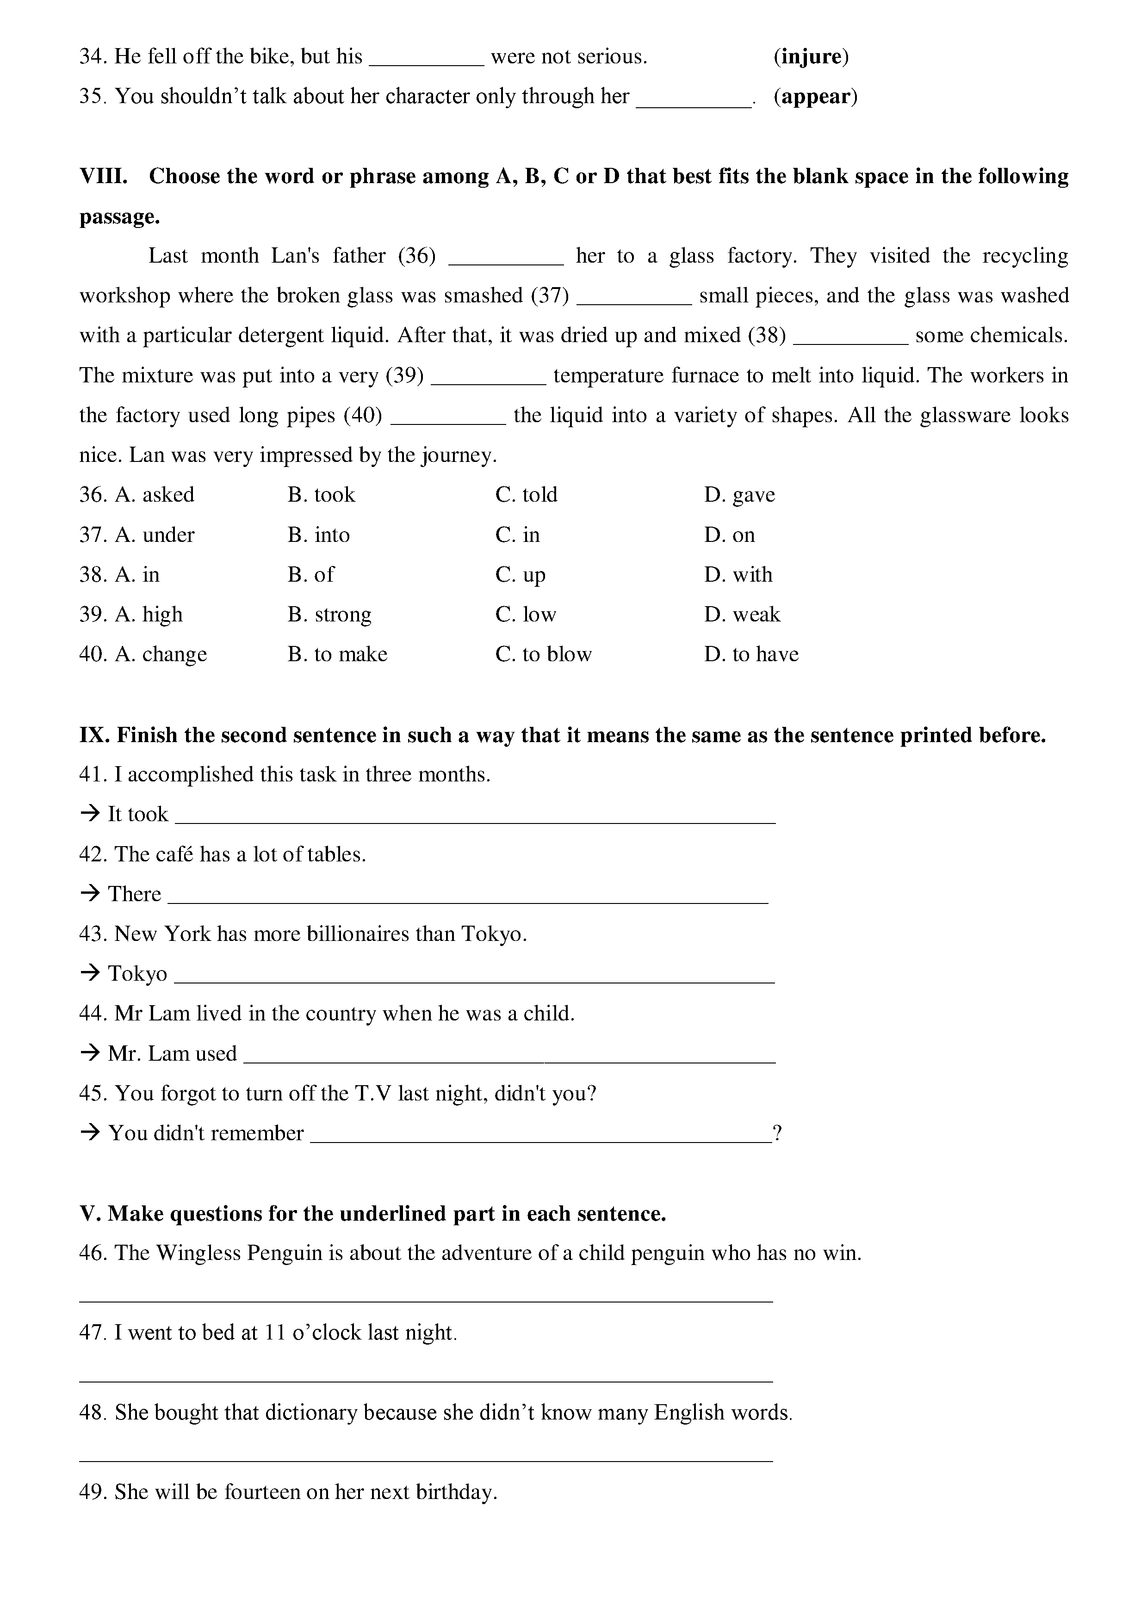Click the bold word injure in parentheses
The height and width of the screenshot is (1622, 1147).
pyautogui.click(x=811, y=56)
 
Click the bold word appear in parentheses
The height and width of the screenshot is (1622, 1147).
pyautogui.click(x=816, y=96)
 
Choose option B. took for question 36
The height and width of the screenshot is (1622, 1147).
pyautogui.click(x=322, y=495)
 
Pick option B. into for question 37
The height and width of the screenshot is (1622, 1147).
pyautogui.click(x=319, y=535)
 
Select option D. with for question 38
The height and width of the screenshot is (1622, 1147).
pyautogui.click(x=738, y=574)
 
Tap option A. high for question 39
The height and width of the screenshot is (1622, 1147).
pyautogui.click(x=149, y=614)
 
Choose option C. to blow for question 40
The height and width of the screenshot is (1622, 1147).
pyautogui.click(x=544, y=654)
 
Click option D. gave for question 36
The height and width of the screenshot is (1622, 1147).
pyautogui.click(x=739, y=495)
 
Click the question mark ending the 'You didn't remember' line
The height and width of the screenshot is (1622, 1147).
pyautogui.click(x=777, y=1133)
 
